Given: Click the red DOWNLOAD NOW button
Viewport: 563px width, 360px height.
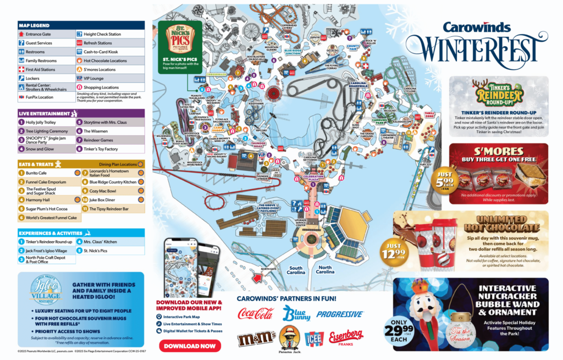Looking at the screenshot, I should [x=190, y=346].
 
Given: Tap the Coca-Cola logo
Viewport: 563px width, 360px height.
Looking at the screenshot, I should [x=256, y=314].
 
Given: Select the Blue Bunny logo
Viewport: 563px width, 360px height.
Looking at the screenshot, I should [x=296, y=314].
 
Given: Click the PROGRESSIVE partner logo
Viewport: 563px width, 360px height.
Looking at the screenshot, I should [x=340, y=314].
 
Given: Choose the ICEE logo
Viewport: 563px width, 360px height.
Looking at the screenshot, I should [x=314, y=339].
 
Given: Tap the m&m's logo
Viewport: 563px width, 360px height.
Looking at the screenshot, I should [x=256, y=338].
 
